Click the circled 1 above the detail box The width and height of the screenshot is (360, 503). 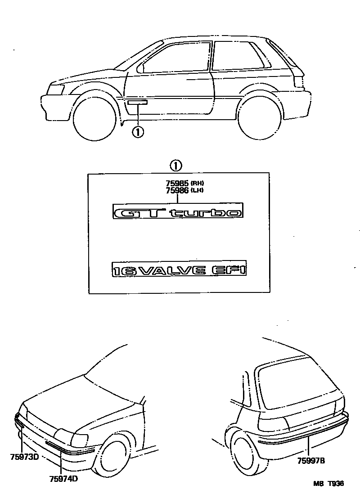(176, 165)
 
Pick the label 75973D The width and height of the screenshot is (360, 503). (24, 458)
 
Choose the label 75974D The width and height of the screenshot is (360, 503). (63, 479)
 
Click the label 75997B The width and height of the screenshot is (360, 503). (311, 460)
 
